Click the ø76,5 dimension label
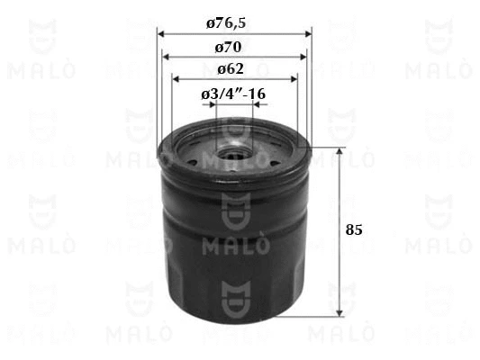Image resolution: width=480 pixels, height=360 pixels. [226, 23]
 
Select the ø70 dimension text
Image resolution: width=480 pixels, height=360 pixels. [228, 48]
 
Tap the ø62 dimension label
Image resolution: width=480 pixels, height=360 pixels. [231, 69]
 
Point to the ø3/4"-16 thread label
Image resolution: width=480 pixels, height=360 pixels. [233, 94]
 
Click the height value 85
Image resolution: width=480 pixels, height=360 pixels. [354, 229]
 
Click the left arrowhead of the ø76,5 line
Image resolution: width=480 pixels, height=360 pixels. [161, 34]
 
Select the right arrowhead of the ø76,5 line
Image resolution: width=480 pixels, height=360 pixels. [308, 34]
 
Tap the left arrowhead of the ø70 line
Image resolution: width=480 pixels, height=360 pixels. [166, 57]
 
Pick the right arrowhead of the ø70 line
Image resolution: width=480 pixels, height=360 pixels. [303, 57]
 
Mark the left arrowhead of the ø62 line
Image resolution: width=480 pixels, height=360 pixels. [176, 79]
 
